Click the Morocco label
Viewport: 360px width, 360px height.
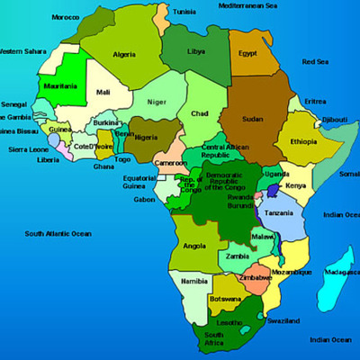click(64, 17)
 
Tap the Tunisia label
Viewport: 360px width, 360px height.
click(184, 12)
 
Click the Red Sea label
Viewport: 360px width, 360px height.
click(315, 61)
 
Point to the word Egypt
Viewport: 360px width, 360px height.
click(247, 53)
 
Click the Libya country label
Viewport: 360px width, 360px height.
click(196, 51)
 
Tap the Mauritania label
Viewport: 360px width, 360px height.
click(60, 86)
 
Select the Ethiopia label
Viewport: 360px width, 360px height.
click(302, 141)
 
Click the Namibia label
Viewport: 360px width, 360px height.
click(194, 281)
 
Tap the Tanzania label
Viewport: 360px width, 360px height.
click(279, 212)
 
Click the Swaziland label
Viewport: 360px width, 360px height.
click(283, 320)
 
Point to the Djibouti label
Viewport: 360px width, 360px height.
click(334, 119)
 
